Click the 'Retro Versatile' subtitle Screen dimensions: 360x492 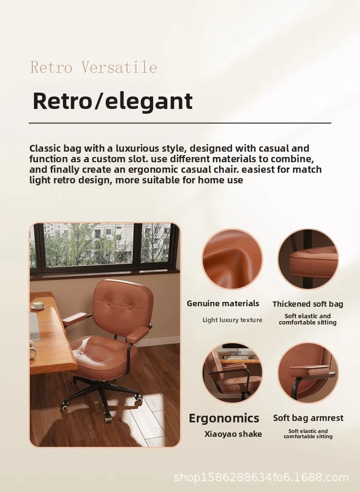coord(94,67)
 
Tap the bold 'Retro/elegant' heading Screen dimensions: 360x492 coord(112,101)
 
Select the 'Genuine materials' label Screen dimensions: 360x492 coord(223,303)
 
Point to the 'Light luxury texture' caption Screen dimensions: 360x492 coord(232,320)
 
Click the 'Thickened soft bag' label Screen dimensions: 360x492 coord(308,304)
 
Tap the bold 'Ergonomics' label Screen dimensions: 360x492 coord(224,418)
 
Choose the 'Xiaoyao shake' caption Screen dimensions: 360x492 coord(233,434)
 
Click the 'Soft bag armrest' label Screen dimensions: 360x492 coord(308,418)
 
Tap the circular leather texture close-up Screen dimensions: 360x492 coord(232,259)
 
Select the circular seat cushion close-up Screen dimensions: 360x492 coord(308,259)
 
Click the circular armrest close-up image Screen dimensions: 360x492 coord(308,373)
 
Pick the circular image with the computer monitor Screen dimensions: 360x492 coord(232,373)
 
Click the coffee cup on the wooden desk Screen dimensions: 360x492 coord(37,305)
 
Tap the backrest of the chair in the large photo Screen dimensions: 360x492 coord(123,305)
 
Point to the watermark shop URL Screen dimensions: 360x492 coord(261,477)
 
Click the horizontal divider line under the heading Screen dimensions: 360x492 coord(180,123)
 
